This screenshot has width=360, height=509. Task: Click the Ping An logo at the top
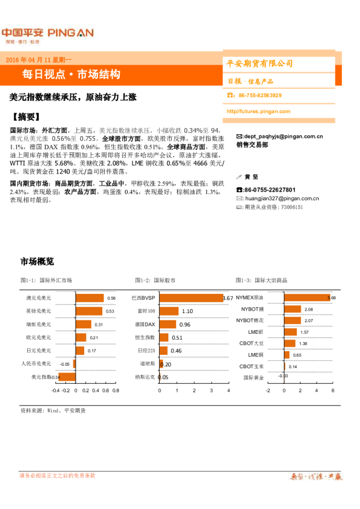pos(47,33)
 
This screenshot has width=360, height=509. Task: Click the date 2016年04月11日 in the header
pos(37,60)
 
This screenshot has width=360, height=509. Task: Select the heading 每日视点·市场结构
pos(71,74)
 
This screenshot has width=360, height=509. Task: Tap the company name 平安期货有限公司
pos(260,63)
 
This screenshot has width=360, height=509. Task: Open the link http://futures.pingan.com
pos(258,111)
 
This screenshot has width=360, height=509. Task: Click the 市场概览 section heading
pos(37,261)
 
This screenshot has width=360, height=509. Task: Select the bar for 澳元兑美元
pos(89,298)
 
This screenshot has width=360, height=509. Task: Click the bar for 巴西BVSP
pos(191,298)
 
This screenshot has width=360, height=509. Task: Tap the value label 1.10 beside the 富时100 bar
pos(187,311)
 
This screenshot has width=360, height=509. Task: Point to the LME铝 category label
pos(256,332)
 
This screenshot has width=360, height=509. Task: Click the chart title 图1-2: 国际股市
pos(156,280)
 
